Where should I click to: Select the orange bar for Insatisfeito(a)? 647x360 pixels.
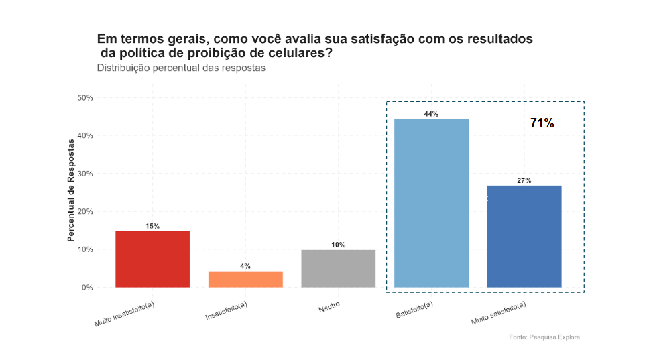pos(245,279)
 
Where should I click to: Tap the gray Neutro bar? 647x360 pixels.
pos(339,268)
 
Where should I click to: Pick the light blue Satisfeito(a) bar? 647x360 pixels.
pos(431,202)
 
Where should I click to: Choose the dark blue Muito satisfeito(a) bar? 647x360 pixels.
pos(524,236)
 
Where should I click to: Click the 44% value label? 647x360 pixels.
pos(431,114)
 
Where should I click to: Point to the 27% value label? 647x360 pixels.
pos(524,181)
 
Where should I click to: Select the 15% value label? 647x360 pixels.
pos(153,227)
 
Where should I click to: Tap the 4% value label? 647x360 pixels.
pos(245,266)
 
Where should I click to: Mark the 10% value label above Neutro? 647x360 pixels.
pos(339,245)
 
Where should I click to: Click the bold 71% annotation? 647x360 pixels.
pos(542,123)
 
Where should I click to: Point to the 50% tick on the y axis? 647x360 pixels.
pos(84,98)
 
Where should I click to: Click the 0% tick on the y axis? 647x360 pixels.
pos(87,288)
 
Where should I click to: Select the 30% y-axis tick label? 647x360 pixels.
pos(84,174)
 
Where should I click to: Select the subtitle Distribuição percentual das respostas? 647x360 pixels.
pos(181,68)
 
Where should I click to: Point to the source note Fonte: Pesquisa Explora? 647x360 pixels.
pos(544,337)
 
